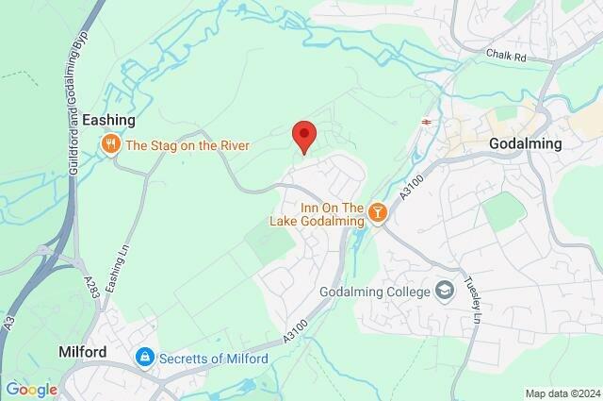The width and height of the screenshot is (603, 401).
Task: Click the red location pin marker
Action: click(302, 136)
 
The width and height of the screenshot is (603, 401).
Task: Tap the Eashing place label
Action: click(108, 121)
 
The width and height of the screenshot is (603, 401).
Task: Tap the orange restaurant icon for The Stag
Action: click(111, 144)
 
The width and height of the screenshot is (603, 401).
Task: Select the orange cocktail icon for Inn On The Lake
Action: click(377, 213)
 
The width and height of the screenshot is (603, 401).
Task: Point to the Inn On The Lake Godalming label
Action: click(318, 214)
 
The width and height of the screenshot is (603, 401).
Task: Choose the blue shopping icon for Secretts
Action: click(144, 358)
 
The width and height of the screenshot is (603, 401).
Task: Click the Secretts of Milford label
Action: click(213, 359)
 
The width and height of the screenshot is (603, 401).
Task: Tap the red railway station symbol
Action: click(426, 122)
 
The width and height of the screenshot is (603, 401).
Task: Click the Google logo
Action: click(31, 390)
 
